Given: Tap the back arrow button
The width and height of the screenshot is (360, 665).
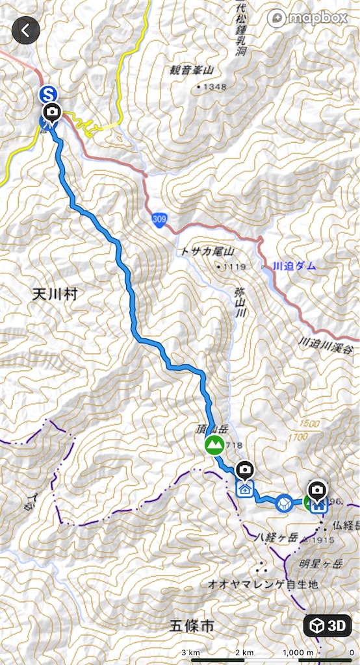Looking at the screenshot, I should pos(26,30).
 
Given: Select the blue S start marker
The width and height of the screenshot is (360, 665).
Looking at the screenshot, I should pos(47,94).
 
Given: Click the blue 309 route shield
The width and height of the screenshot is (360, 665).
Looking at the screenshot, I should pos(159,220).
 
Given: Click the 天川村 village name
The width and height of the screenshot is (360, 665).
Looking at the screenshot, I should pos(55,294).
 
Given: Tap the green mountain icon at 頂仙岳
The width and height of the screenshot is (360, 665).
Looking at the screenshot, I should pos(214,445).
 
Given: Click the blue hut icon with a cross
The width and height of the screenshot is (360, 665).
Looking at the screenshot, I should pos(244,488).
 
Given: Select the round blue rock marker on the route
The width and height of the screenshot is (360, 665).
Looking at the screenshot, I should pos(284,503).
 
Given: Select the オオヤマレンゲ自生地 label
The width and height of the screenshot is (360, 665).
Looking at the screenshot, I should pos(263,584).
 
